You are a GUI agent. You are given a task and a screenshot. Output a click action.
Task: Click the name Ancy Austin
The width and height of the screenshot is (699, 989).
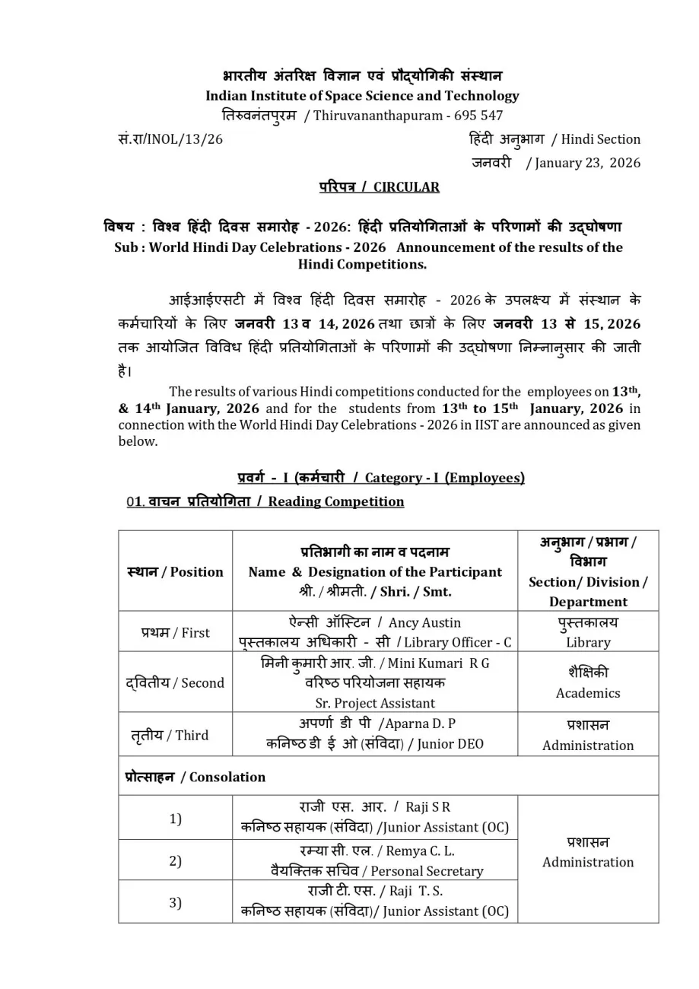point(424,622)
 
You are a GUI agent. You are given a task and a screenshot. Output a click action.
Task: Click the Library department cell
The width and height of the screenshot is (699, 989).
point(587,642)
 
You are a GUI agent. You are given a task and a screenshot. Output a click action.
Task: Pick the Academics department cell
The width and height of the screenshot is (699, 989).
point(587,693)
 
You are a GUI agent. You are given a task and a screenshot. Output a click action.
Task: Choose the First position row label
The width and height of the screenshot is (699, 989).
point(175,632)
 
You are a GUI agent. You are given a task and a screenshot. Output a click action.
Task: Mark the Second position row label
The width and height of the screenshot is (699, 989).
point(175,682)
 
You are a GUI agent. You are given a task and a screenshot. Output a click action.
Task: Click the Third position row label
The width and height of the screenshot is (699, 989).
point(175,735)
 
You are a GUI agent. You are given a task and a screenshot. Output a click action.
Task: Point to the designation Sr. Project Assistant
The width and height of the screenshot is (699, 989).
point(375,703)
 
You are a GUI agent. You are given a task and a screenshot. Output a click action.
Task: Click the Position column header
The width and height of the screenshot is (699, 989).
point(175,572)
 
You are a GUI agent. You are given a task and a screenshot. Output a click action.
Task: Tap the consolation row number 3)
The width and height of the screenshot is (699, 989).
point(175,902)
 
